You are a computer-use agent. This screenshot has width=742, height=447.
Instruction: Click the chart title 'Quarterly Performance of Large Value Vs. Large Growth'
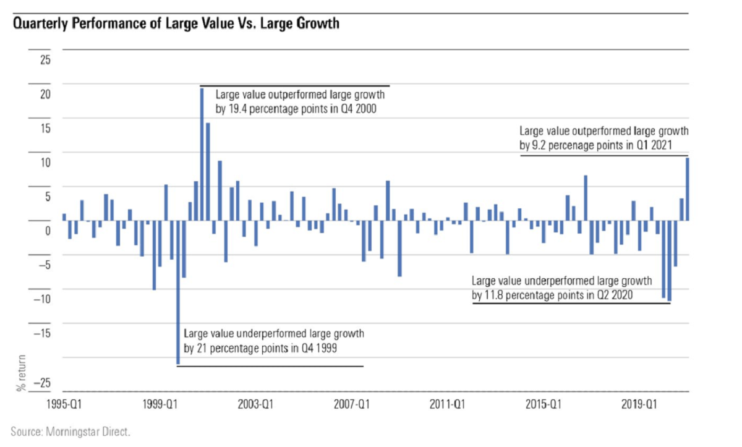[176, 25]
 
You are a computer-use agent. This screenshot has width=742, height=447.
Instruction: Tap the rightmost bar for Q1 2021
[688, 189]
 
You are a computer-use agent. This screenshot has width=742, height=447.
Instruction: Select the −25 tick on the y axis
[42, 384]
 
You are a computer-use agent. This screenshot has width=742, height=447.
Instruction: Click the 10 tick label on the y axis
[45, 163]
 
